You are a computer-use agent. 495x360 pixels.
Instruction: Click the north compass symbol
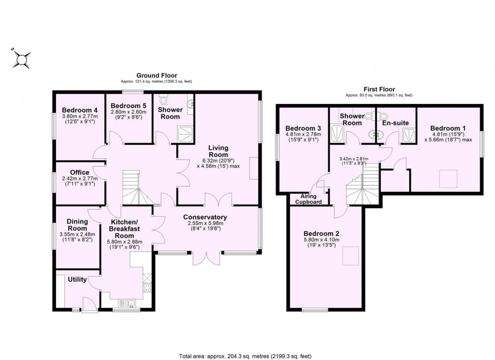point(21,59)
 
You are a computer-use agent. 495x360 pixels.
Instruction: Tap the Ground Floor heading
point(156,75)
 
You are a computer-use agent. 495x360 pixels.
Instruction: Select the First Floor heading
point(379,89)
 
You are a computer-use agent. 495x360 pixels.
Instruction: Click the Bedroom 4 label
point(80,110)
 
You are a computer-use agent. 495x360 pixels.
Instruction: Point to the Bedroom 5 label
point(129,106)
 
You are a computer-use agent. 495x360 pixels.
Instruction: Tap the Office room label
point(80,172)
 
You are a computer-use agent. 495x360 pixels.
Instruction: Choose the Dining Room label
point(77,225)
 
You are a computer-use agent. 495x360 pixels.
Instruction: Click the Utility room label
point(77,279)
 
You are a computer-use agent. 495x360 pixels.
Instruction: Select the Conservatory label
point(205,217)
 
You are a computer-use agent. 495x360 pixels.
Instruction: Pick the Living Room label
point(218,151)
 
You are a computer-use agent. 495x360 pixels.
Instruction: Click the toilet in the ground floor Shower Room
point(163,99)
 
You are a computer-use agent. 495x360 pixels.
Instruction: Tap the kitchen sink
point(127,304)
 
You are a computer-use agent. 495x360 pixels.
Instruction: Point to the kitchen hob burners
point(148,287)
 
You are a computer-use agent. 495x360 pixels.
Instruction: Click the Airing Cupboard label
point(308,199)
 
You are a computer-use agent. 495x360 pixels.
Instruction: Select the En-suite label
point(396,123)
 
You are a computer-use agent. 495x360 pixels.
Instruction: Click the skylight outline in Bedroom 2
point(351,256)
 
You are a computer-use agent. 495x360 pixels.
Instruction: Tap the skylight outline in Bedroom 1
point(448,179)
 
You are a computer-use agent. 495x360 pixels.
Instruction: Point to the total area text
point(246,356)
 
